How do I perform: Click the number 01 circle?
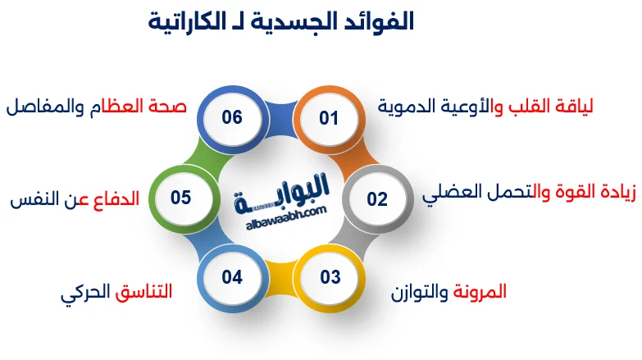[x=330, y=119]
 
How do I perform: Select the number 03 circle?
[x=330, y=277]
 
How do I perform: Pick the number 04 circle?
[x=232, y=277]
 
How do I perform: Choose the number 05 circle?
[x=181, y=198]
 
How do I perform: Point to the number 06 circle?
[x=232, y=118]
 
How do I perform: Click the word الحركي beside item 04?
[x=84, y=292]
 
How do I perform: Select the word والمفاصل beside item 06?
[x=41, y=107]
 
